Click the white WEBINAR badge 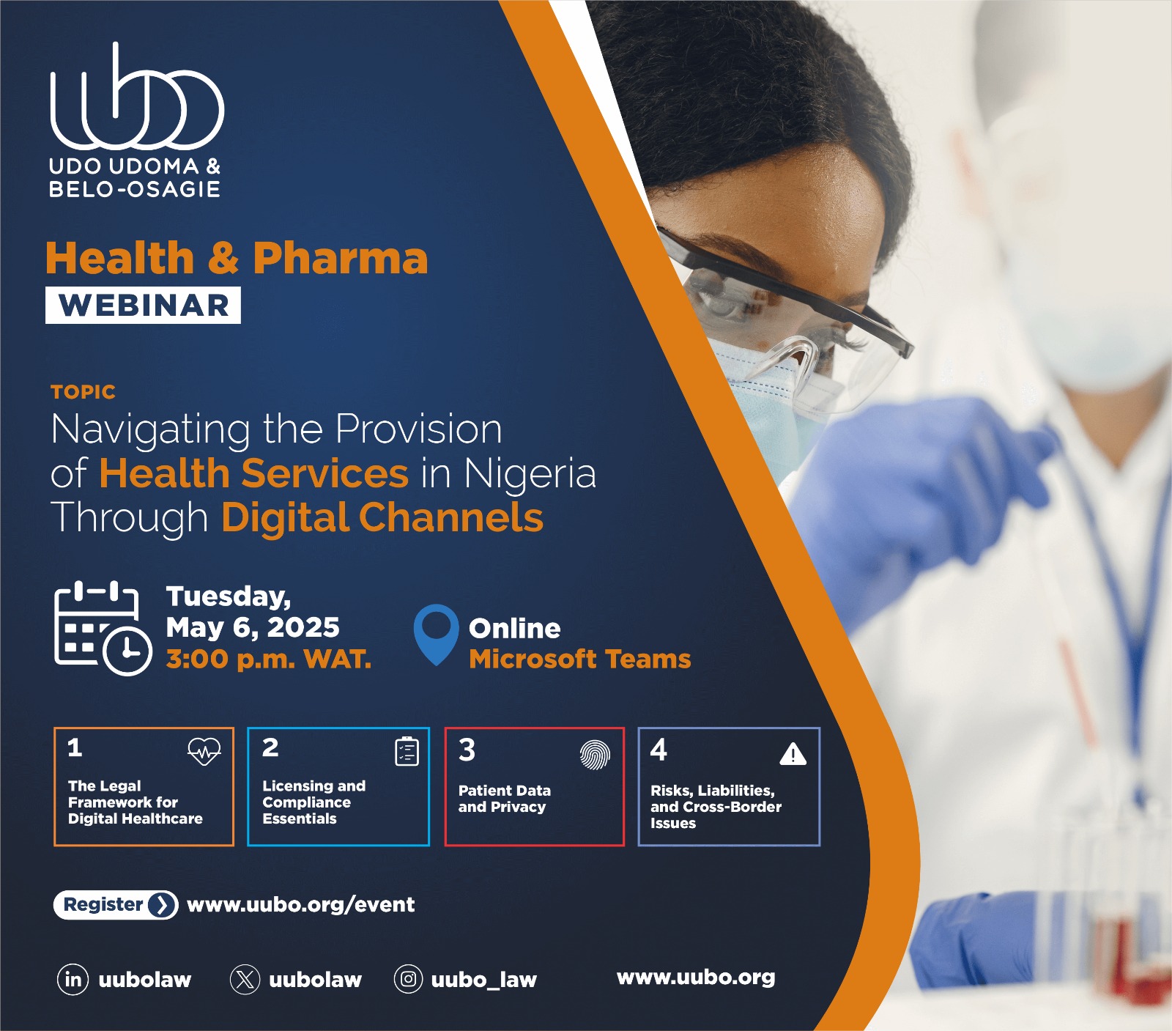[x=143, y=305]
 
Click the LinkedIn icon [x=73, y=980]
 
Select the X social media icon [x=245, y=980]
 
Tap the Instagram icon [x=409, y=980]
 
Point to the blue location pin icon [x=436, y=632]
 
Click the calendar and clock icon [x=103, y=628]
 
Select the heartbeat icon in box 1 [x=204, y=751]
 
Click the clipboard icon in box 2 [x=407, y=751]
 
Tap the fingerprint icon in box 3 [x=595, y=755]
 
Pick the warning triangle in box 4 [x=793, y=754]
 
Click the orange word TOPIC [x=84, y=392]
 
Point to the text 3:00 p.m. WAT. [x=268, y=659]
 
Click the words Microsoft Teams [x=579, y=659]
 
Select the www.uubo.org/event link [x=300, y=905]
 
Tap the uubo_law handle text [x=483, y=980]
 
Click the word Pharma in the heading [x=340, y=258]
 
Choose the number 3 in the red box [x=467, y=750]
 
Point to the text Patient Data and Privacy [x=504, y=799]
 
